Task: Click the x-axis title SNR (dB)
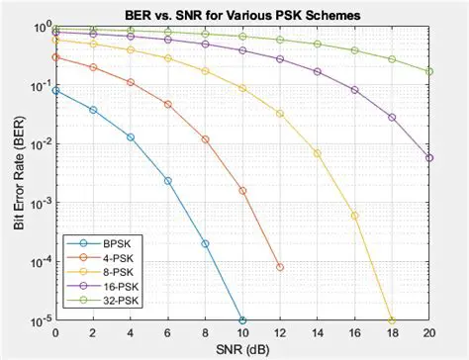click(x=241, y=348)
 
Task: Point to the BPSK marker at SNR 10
click(x=242, y=320)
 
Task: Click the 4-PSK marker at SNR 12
click(x=280, y=267)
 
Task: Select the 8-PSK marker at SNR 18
click(x=392, y=320)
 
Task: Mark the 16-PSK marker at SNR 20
click(x=429, y=157)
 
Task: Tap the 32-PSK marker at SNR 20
click(x=429, y=71)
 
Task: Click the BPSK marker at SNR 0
click(x=55, y=90)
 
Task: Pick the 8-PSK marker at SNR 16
click(x=354, y=215)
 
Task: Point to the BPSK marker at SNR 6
click(x=167, y=180)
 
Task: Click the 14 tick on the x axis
click(x=317, y=332)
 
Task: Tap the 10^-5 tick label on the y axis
click(x=38, y=320)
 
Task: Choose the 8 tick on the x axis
click(x=205, y=332)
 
